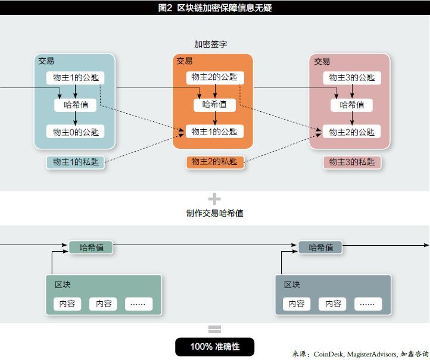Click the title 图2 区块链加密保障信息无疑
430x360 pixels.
(x=215, y=8)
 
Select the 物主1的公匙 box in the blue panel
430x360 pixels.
(x=75, y=77)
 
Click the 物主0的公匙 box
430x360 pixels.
(x=75, y=132)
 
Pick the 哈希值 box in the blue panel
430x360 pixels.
(x=75, y=105)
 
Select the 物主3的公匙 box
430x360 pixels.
(x=351, y=77)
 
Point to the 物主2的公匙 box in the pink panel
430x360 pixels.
(x=351, y=132)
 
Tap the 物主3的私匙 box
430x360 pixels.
(x=352, y=162)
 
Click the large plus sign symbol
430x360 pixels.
(x=214, y=199)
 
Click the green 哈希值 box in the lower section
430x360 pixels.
(x=91, y=247)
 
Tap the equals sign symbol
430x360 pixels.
(x=214, y=329)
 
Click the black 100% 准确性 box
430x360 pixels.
(x=214, y=347)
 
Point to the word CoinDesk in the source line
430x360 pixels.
(x=327, y=353)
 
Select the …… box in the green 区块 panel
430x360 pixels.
(x=138, y=303)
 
